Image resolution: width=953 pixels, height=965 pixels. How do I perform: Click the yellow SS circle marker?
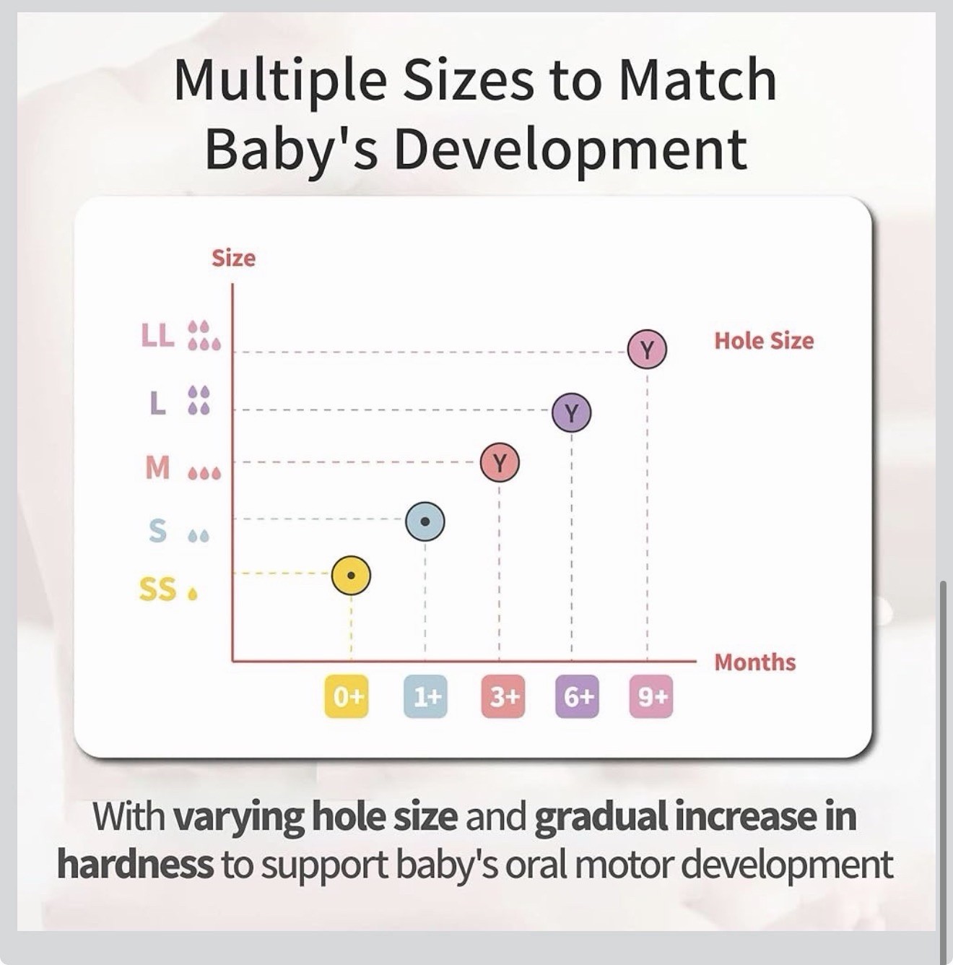tap(351, 576)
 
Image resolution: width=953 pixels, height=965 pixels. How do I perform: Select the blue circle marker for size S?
tap(425, 522)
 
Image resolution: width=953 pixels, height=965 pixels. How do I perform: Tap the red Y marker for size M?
tap(500, 463)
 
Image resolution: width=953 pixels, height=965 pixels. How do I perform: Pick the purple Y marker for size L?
tap(571, 413)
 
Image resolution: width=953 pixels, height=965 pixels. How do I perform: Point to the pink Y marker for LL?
tap(648, 349)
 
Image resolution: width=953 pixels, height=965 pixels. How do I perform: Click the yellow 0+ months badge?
tap(347, 696)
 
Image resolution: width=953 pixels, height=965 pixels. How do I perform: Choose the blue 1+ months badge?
tap(426, 696)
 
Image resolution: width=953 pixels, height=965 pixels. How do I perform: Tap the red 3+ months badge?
tap(503, 696)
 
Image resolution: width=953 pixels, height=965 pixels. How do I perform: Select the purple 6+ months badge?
tap(578, 696)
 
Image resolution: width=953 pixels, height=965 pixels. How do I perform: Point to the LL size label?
tap(157, 335)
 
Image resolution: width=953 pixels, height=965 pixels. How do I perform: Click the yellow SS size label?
tap(157, 589)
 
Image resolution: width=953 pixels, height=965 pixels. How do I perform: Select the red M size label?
tap(157, 467)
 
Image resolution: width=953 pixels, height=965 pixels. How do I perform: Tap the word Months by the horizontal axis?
tap(754, 662)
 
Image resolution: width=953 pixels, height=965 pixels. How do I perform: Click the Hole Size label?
tap(764, 340)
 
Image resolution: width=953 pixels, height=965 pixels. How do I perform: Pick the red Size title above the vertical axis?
tap(233, 259)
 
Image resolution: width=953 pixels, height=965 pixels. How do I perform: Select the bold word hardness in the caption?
tap(135, 864)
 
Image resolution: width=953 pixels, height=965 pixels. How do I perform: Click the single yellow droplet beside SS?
tap(192, 594)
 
